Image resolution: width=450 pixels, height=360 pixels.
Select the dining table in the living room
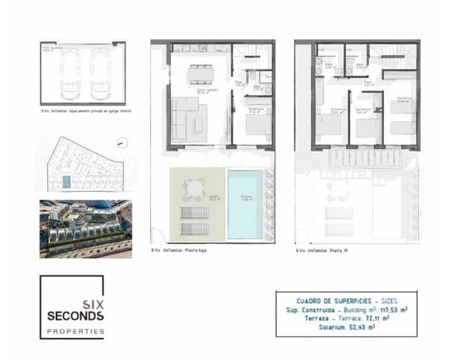click(200, 73)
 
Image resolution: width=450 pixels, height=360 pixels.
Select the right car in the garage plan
click(101, 73)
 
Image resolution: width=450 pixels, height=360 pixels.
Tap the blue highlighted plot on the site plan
click(66, 182)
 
